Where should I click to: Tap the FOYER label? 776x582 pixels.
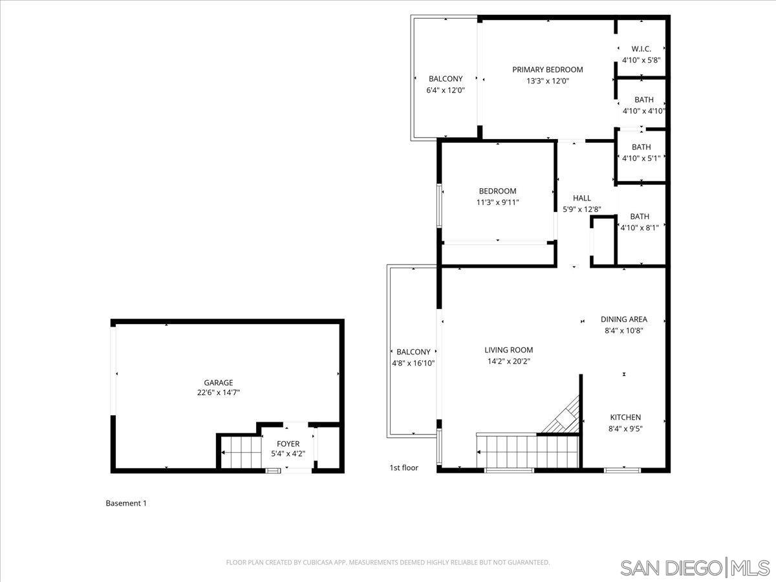(288, 444)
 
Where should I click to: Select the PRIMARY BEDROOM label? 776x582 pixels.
(547, 70)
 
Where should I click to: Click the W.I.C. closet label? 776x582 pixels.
(641, 49)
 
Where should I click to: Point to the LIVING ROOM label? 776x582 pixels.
(509, 350)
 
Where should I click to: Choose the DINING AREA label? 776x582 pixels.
(624, 319)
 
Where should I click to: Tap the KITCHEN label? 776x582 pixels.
(625, 417)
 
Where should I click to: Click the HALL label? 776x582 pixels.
(582, 198)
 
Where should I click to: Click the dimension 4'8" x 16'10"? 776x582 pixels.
(413, 363)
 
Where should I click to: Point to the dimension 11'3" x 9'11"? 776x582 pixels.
(497, 202)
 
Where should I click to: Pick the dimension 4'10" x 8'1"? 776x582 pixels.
(640, 227)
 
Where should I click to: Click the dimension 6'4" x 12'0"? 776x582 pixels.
(446, 90)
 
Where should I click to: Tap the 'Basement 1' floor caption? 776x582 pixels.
(126, 503)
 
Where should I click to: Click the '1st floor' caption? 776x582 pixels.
(404, 468)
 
